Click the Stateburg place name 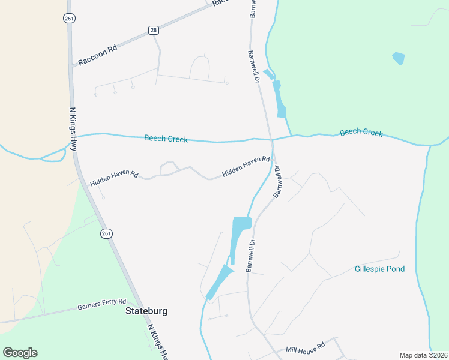coord(146,311)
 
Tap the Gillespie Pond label coord(379,269)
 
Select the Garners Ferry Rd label coord(102,304)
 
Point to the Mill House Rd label coord(305,346)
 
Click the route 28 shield coord(154,30)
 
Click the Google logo coord(20,353)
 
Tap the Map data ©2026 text coord(423,355)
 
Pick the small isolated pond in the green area coord(398,58)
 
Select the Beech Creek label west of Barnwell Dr coord(166,139)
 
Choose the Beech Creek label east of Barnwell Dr coord(361,132)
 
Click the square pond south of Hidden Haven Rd coord(242,224)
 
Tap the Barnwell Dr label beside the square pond coord(250,256)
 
